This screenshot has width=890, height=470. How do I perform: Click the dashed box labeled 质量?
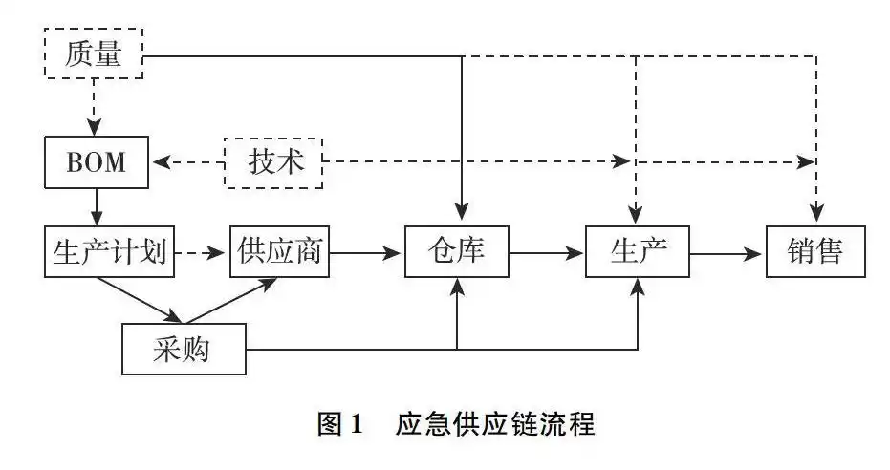(94, 53)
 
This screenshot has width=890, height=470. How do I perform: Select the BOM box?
(97, 162)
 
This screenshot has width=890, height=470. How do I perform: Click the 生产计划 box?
(109, 252)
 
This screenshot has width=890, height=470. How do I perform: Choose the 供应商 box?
(280, 252)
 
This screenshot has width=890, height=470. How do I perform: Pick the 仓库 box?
(456, 252)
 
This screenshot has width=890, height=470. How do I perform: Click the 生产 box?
(638, 252)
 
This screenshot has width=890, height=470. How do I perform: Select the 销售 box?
(815, 252)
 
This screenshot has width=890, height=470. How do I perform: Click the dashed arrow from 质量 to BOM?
(94, 107)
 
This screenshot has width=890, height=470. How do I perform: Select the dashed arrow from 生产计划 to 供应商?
(202, 254)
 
